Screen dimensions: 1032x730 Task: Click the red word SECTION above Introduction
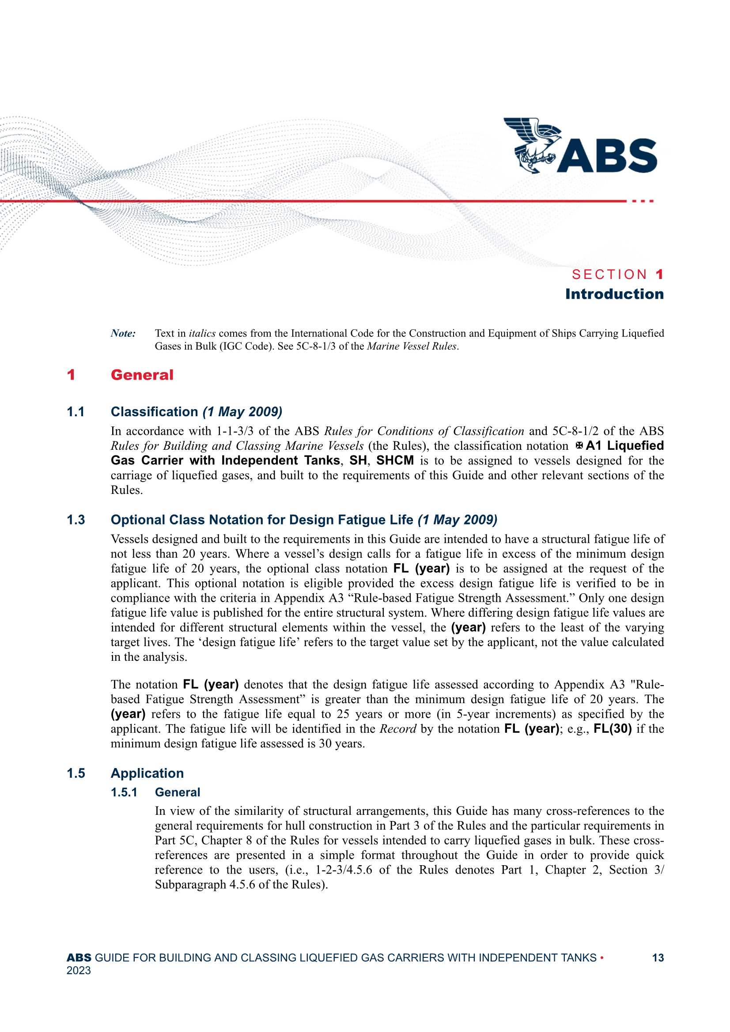tap(609, 274)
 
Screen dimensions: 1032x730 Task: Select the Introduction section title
tap(614, 294)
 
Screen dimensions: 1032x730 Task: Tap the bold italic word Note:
tap(123, 334)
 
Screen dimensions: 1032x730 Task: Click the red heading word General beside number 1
tap(142, 375)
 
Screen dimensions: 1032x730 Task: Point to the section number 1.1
tap(76, 412)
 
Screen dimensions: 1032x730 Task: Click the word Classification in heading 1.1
tap(154, 412)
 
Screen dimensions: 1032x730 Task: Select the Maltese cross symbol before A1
tap(579, 446)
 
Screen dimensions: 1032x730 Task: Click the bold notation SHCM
tap(395, 461)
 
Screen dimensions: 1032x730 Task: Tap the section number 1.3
tap(76, 520)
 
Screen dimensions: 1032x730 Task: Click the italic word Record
tap(397, 729)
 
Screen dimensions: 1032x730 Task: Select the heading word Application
tap(147, 773)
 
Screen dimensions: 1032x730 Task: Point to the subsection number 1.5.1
tap(124, 792)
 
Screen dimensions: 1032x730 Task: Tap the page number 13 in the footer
tap(658, 958)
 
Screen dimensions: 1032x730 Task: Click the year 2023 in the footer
tap(79, 971)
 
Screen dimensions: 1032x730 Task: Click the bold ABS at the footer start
tap(79, 958)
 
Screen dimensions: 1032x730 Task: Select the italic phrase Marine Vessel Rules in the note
tap(412, 347)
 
